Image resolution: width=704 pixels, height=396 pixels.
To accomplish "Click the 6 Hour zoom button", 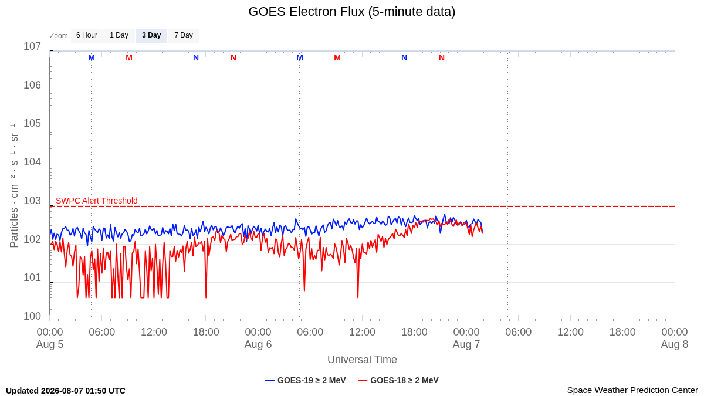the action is [x=87, y=36].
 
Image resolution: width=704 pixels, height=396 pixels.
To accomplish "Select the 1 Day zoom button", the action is [x=119, y=36].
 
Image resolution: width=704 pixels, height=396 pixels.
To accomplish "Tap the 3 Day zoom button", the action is [x=151, y=36].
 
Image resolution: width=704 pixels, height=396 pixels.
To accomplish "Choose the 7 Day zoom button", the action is [x=184, y=36].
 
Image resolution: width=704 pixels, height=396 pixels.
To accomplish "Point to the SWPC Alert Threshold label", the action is [x=97, y=201].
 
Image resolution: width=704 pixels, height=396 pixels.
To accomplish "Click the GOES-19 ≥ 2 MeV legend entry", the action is [x=306, y=380].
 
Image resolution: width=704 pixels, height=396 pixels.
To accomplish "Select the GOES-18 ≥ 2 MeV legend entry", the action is [x=398, y=380].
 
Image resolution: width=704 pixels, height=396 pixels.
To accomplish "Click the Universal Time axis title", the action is [x=362, y=360].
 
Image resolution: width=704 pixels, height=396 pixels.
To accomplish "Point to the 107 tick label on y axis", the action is [x=32, y=46].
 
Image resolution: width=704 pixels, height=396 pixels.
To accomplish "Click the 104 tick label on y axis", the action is [x=32, y=162].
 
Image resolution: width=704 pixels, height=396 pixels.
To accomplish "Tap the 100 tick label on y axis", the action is [x=32, y=316].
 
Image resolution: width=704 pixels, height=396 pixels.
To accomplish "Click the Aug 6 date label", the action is [x=258, y=344].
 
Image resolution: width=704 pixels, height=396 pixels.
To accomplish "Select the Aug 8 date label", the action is [x=675, y=344].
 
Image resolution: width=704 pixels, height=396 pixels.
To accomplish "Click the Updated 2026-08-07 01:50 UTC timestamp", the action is [x=66, y=391].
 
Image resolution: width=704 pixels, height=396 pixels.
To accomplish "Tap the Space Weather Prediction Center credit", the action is [x=632, y=390].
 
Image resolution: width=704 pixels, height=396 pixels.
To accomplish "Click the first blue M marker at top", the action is [x=92, y=58].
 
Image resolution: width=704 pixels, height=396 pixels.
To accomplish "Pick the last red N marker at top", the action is [x=442, y=58].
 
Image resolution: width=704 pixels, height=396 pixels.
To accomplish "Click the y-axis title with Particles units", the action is [x=14, y=186].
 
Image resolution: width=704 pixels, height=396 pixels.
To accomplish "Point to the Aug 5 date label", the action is [x=50, y=344].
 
